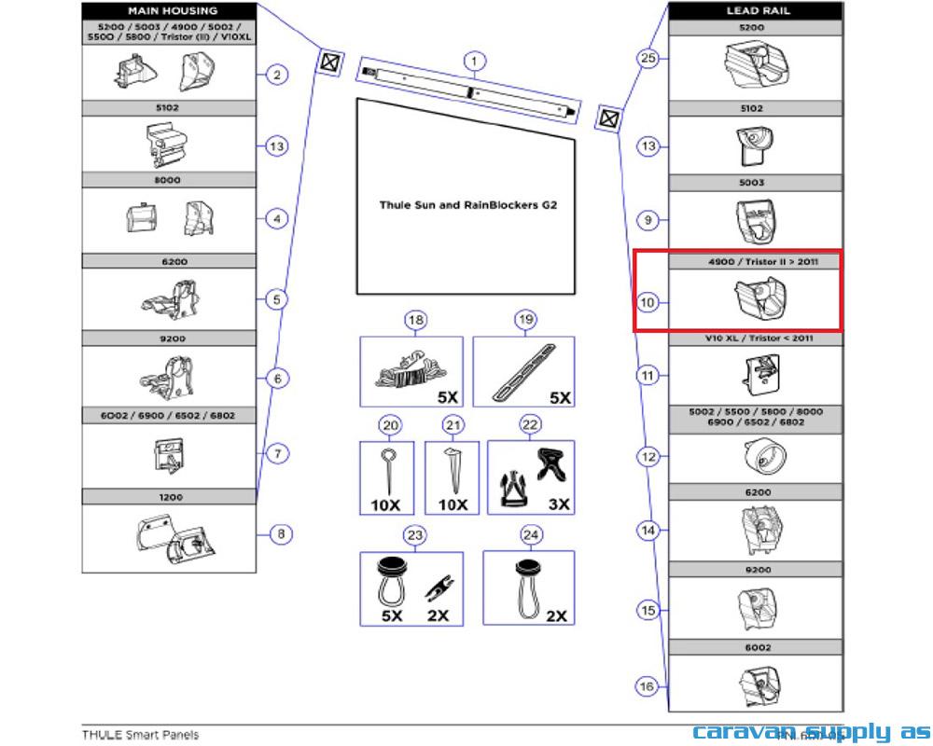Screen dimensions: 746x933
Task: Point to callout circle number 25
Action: click(x=648, y=58)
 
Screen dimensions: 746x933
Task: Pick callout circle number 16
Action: click(x=647, y=687)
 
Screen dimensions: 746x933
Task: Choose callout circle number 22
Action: click(x=530, y=425)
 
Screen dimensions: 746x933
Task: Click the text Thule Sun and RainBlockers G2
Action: click(x=467, y=204)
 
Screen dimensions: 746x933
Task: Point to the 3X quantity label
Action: click(x=559, y=504)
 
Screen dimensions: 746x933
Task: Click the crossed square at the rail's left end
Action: click(x=329, y=62)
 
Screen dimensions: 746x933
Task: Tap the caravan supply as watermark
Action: click(x=810, y=732)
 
